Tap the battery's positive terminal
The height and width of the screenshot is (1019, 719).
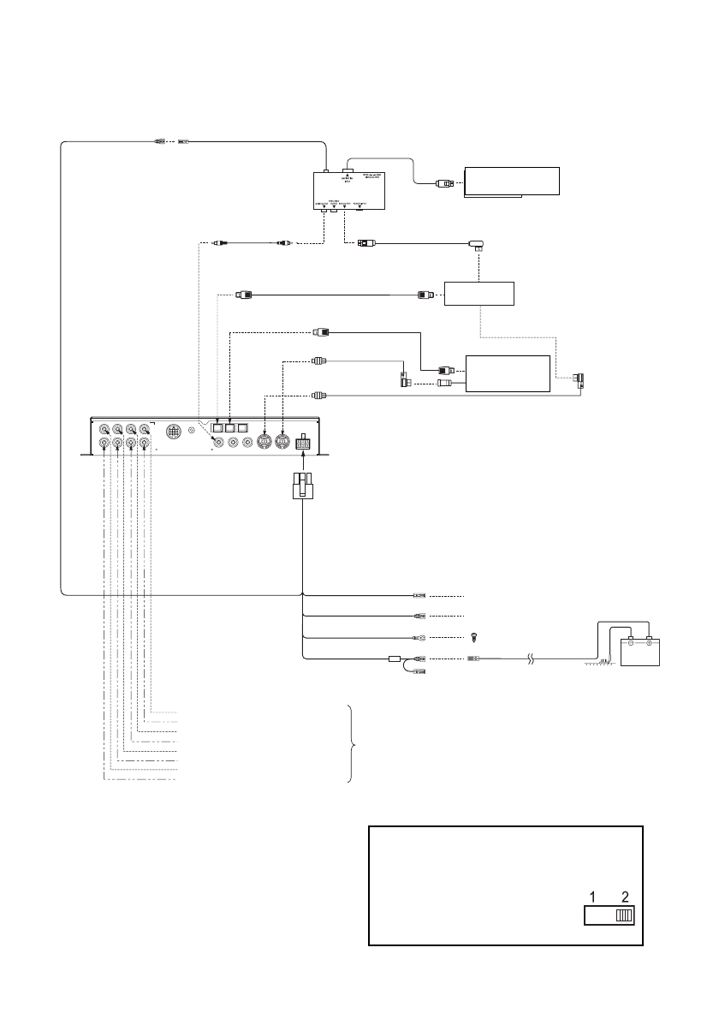[x=649, y=641]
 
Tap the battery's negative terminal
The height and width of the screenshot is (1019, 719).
[x=628, y=641]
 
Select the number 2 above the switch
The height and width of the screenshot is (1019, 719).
[x=625, y=897]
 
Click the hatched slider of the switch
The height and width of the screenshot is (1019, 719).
[x=624, y=915]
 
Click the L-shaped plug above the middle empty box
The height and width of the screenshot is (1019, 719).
[x=478, y=245]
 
